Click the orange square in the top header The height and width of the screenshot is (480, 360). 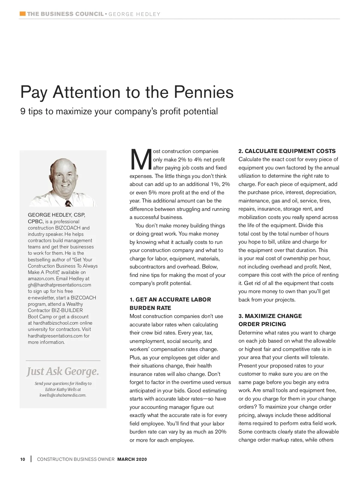coord(22,14)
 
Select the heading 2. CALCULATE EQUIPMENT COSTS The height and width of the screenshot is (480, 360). coord(287,151)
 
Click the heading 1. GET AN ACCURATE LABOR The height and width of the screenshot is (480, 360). coord(170,299)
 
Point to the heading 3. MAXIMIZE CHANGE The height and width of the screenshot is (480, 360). coord(270,316)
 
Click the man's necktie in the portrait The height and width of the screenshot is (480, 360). coord(69,203)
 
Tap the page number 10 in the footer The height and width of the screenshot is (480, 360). coord(23,459)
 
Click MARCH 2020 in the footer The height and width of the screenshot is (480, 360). coord(132,459)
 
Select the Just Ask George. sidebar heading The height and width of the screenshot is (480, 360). coord(63,372)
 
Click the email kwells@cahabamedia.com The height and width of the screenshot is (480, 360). coord(63,395)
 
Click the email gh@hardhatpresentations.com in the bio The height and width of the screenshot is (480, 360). coord(59,285)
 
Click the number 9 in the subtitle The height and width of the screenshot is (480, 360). coord(23,111)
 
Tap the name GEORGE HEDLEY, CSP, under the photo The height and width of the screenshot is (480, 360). coord(56,215)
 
